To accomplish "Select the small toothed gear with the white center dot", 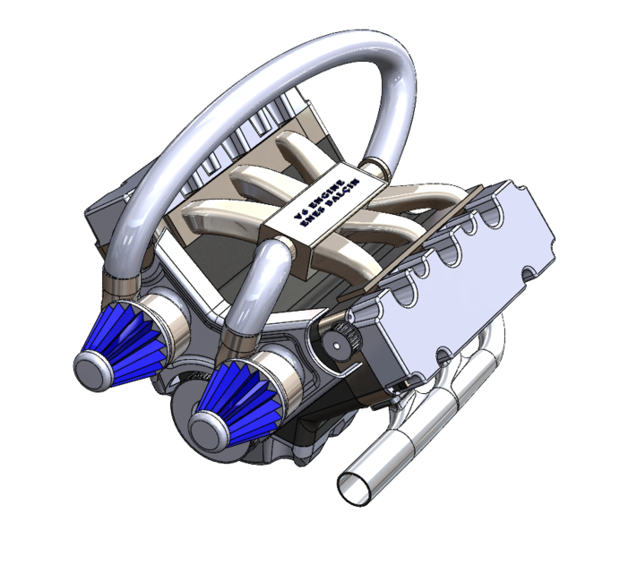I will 340,344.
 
